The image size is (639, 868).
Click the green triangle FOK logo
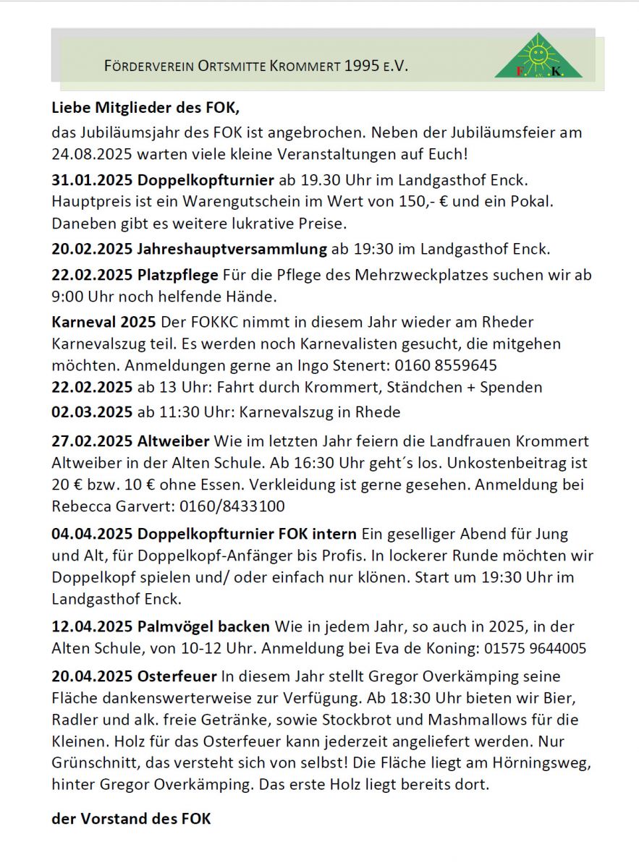[x=538, y=57]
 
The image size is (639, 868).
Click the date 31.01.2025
[x=91, y=179]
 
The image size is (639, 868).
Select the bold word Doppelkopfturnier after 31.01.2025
[x=206, y=179]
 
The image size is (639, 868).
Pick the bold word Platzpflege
[x=177, y=275]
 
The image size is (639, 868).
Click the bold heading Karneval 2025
[x=104, y=321]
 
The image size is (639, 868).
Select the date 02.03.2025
[x=91, y=412]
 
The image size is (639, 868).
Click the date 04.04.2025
[x=91, y=535]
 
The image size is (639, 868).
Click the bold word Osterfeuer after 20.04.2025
[x=177, y=677]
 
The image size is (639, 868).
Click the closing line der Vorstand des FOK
[x=131, y=819]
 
